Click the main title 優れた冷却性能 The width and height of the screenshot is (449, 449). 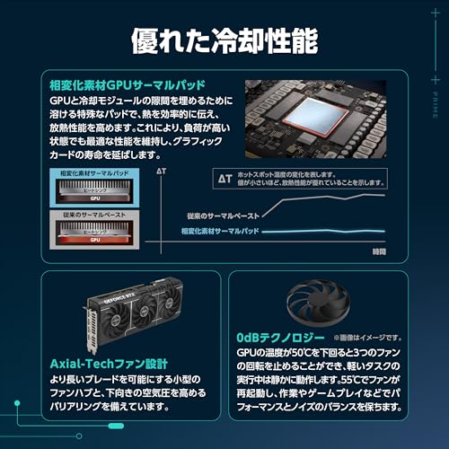(x=224, y=40)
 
